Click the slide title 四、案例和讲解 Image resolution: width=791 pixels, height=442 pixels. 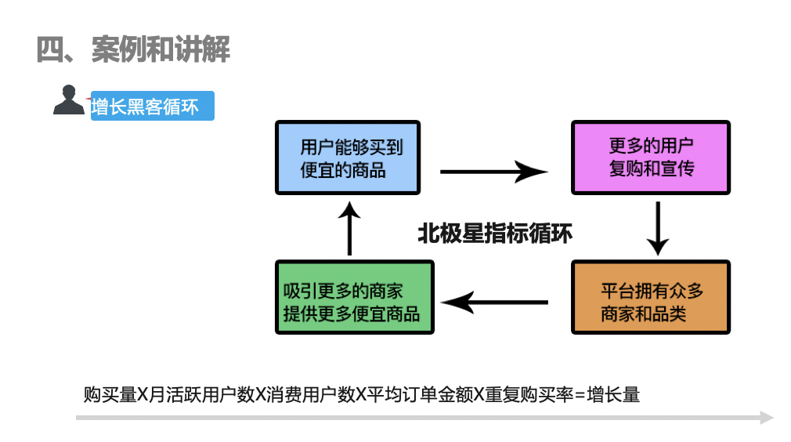click(133, 49)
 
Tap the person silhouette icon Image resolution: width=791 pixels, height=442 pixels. click(68, 100)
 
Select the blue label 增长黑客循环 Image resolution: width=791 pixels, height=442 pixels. click(152, 107)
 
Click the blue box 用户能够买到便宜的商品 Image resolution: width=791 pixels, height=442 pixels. click(348, 158)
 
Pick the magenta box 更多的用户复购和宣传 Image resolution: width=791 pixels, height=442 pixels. click(650, 158)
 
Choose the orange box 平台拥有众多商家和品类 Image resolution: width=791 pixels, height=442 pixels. click(651, 298)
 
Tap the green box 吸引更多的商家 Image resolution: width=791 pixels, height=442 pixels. click(354, 298)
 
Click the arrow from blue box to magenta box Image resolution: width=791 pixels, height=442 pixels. click(493, 171)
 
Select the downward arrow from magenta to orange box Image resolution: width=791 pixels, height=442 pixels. click(657, 228)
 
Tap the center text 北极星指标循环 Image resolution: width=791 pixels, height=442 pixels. click(494, 234)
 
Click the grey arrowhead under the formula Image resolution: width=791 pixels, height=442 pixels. click(767, 418)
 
